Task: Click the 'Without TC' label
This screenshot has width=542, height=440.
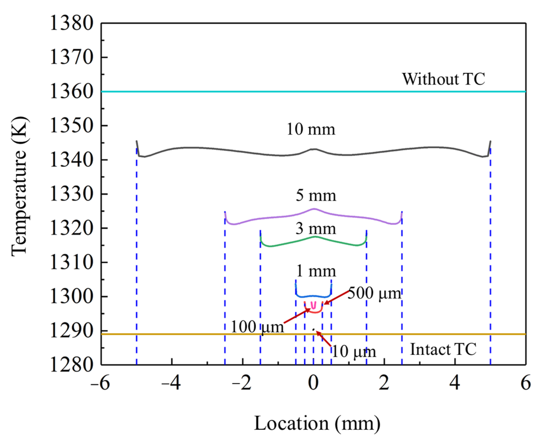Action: (x=443, y=79)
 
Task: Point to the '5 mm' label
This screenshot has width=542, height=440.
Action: (x=316, y=196)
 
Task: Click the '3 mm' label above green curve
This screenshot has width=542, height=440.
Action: (x=315, y=229)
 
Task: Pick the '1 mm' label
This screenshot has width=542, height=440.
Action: (x=316, y=271)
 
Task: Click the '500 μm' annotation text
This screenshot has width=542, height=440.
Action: (x=374, y=294)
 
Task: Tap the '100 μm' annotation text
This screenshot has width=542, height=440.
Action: (x=257, y=327)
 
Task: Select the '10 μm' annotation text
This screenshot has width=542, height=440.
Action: (x=354, y=352)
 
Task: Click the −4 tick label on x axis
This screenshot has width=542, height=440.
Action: (x=171, y=383)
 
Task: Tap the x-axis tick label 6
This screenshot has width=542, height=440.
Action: (x=525, y=383)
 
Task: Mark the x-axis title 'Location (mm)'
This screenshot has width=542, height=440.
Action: (x=317, y=423)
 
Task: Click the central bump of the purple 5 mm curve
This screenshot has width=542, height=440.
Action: (x=314, y=209)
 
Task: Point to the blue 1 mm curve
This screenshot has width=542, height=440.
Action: (x=313, y=296)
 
